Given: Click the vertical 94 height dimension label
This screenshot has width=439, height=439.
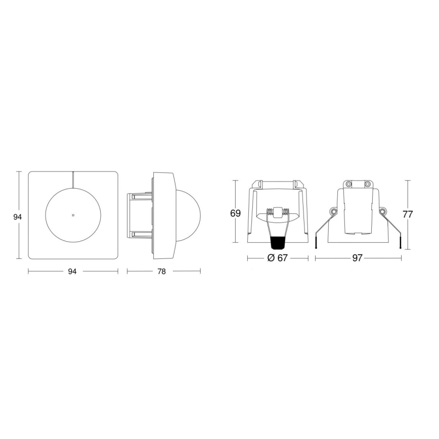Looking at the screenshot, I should coord(17,216).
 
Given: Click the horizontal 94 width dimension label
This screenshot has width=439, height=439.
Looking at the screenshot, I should coord(72,272).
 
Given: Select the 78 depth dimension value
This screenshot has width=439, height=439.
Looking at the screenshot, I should coord(161,272).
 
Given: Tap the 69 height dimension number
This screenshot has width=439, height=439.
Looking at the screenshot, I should coord(235,213).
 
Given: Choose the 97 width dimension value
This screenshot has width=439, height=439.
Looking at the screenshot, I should coord(357,258).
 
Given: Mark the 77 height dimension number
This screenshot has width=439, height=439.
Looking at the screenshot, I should coord(408,214).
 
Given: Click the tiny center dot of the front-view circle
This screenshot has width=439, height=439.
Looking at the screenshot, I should coord(73,215).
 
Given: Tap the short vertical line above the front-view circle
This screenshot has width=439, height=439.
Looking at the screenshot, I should coord(73,179).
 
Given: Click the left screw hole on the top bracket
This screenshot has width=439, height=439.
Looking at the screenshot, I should coord(348,183).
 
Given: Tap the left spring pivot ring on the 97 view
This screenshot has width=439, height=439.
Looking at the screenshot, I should coord(333,210).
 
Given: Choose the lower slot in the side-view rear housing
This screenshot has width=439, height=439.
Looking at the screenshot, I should coord(139,234).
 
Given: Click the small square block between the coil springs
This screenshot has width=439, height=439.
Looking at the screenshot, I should coord(277,212).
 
